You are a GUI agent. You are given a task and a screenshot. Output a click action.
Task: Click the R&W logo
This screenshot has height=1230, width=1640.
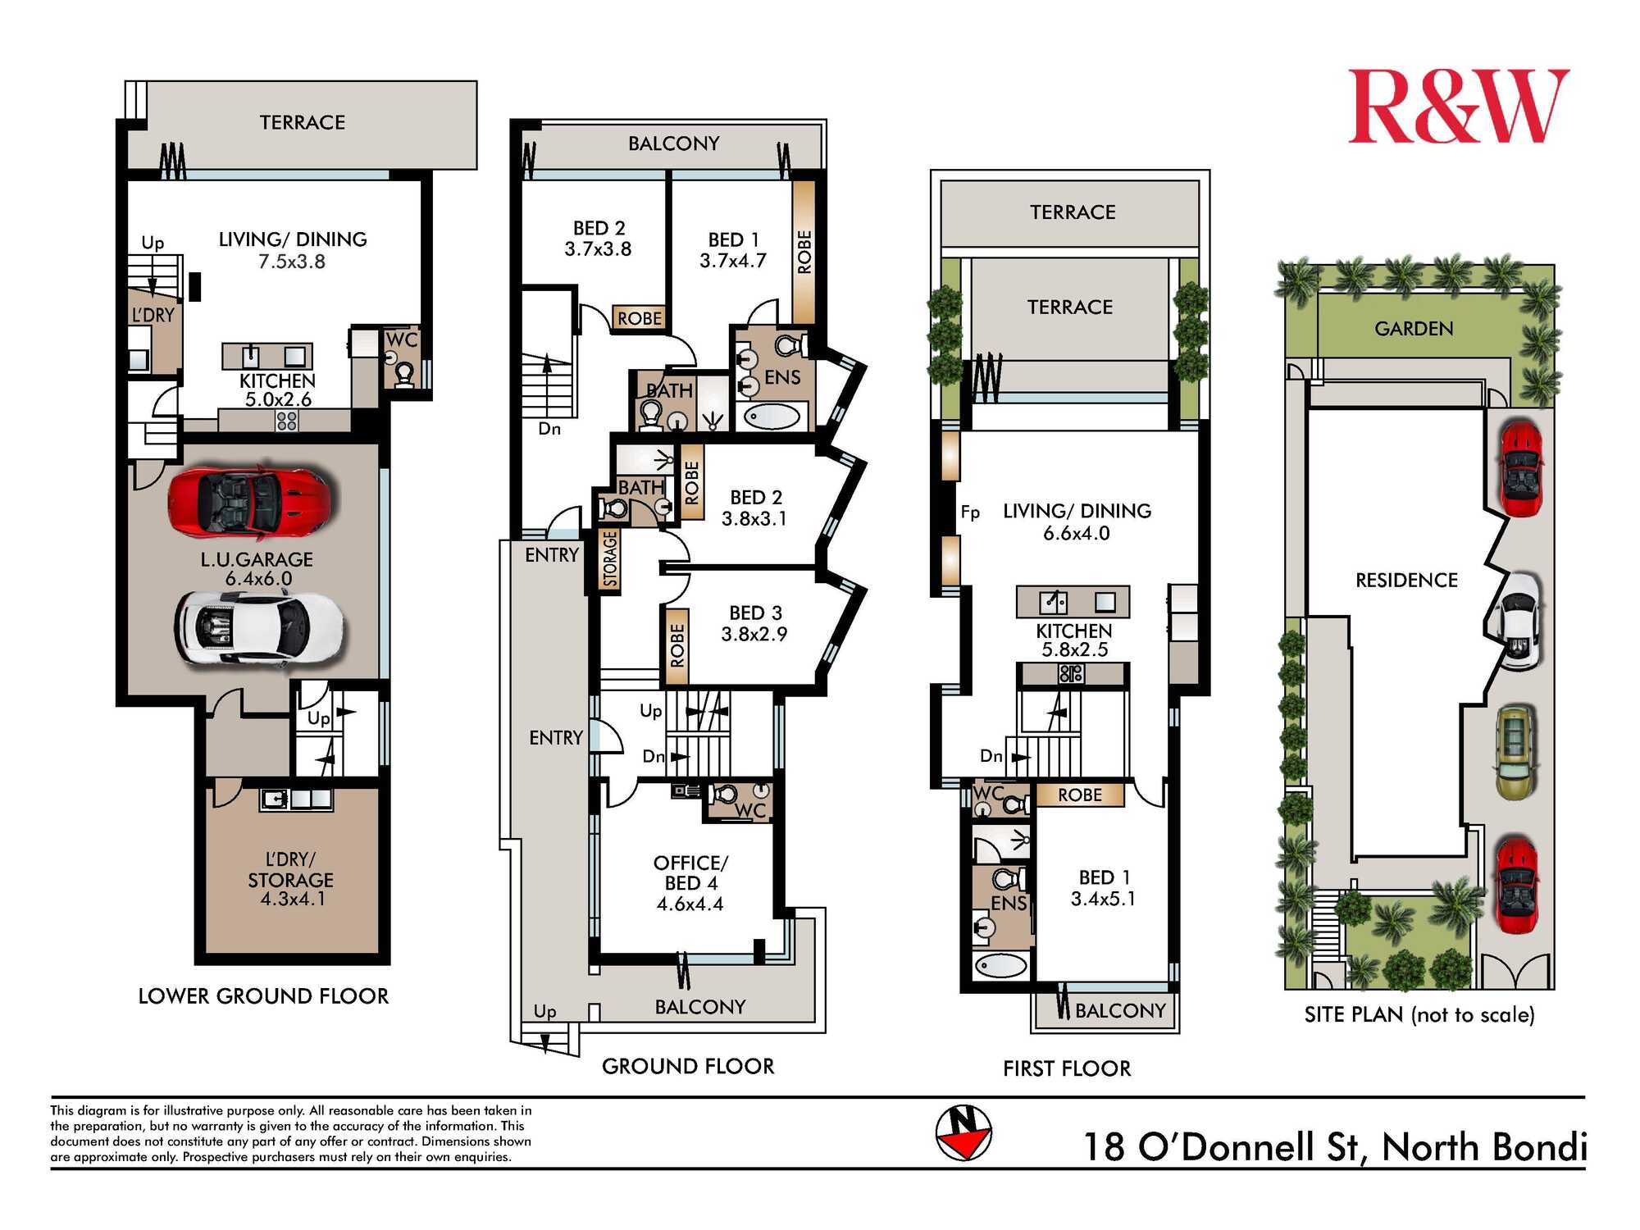point(1459,107)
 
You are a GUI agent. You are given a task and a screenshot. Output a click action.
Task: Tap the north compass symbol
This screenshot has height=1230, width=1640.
point(963,1133)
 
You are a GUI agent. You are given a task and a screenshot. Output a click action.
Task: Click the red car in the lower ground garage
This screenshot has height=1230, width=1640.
point(252,501)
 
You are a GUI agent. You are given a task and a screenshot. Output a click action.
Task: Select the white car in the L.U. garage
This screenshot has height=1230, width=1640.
point(258,628)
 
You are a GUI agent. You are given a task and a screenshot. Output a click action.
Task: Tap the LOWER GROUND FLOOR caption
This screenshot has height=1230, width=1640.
point(263,996)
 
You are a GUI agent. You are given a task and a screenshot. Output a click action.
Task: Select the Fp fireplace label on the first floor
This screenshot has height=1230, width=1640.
point(970,512)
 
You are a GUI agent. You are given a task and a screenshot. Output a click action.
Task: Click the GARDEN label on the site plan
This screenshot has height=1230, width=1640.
point(1414,329)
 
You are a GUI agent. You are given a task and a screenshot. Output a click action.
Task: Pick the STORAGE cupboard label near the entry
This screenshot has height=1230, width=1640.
point(609,559)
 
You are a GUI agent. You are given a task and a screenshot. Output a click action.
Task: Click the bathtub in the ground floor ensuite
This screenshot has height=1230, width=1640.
point(772,417)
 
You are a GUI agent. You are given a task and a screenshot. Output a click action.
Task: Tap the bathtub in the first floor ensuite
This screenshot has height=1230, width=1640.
point(1000,965)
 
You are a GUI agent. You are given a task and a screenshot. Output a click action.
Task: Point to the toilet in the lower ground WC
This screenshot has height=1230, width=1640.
point(403,374)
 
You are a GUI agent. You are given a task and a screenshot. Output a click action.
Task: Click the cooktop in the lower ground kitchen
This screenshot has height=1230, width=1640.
point(286,421)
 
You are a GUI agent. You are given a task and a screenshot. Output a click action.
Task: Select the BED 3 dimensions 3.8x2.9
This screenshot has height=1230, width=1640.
point(754,634)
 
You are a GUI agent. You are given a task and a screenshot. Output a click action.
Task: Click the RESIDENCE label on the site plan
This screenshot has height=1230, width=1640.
point(1406,581)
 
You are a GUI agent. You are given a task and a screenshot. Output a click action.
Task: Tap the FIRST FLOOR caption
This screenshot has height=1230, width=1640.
point(1067,1068)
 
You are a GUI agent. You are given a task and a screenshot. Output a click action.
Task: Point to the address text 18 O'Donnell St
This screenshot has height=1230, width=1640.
point(1226,1146)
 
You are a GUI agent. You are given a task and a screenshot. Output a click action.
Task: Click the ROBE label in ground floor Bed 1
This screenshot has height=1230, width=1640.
point(804,252)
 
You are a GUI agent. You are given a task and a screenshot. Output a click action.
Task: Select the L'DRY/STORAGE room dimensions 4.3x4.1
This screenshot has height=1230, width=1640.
point(293,900)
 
